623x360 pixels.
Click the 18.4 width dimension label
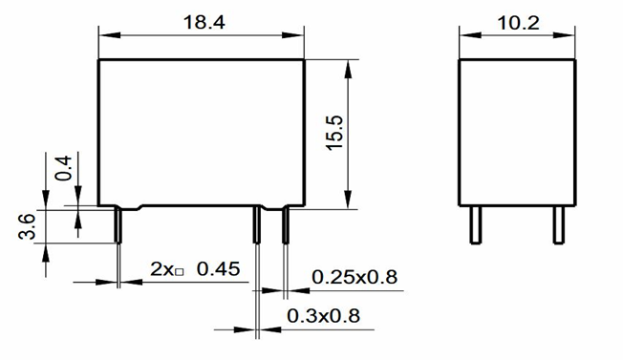204,22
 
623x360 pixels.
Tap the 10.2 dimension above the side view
519,23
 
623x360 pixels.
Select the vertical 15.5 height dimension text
334,133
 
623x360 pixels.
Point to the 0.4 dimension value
64,168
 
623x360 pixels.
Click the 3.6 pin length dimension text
27,226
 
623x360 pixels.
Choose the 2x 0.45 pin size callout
195,269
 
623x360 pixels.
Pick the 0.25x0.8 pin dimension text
354,277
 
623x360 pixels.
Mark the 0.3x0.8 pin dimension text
323,316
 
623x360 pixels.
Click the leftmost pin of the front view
118,224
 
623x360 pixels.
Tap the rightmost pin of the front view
286,224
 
